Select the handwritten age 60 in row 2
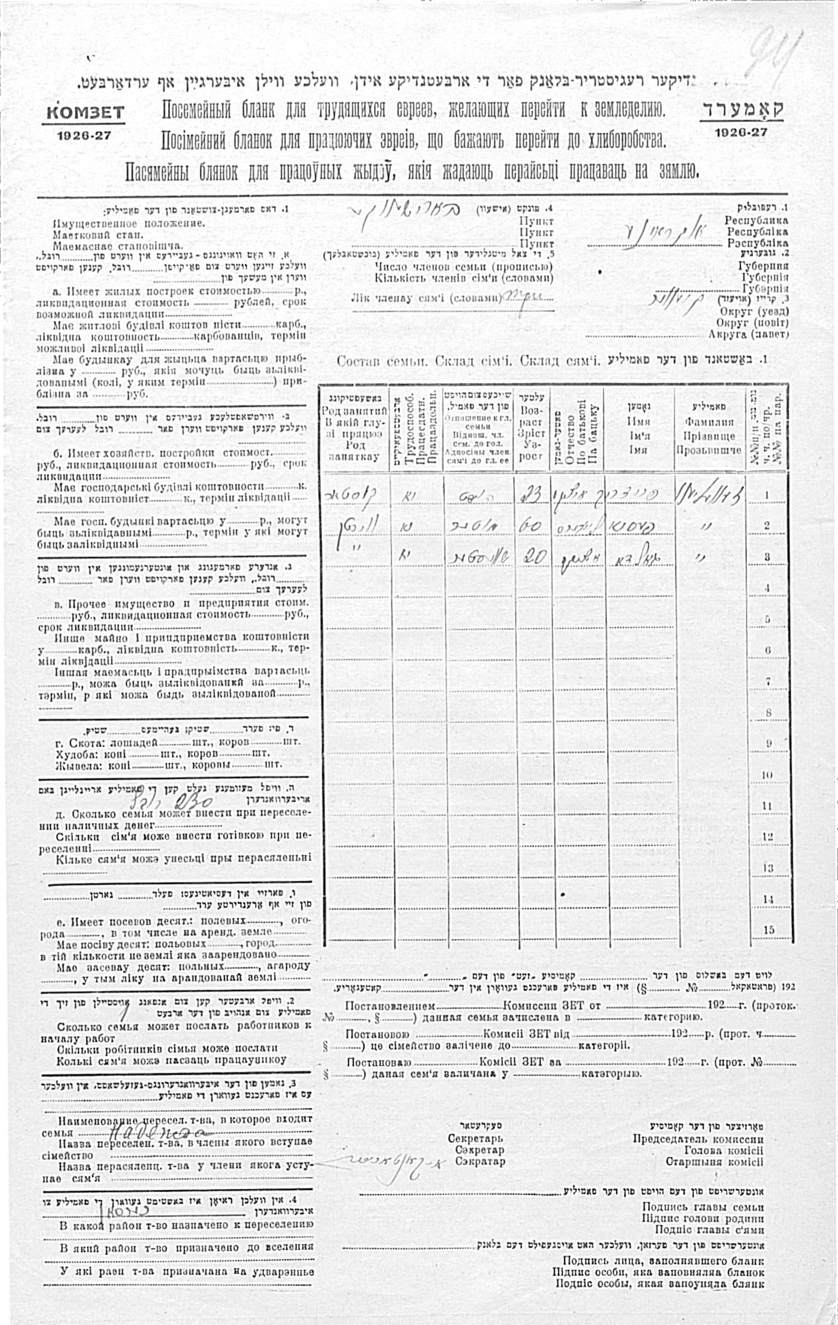(x=530, y=526)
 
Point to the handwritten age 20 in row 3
(x=532, y=557)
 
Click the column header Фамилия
(x=709, y=422)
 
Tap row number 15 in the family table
(x=769, y=930)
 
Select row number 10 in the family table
(x=768, y=775)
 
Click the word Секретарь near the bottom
(x=475, y=1139)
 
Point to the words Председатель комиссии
(x=698, y=1139)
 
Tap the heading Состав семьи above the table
(x=381, y=361)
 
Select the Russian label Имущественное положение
(x=129, y=223)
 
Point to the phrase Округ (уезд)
(x=754, y=311)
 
